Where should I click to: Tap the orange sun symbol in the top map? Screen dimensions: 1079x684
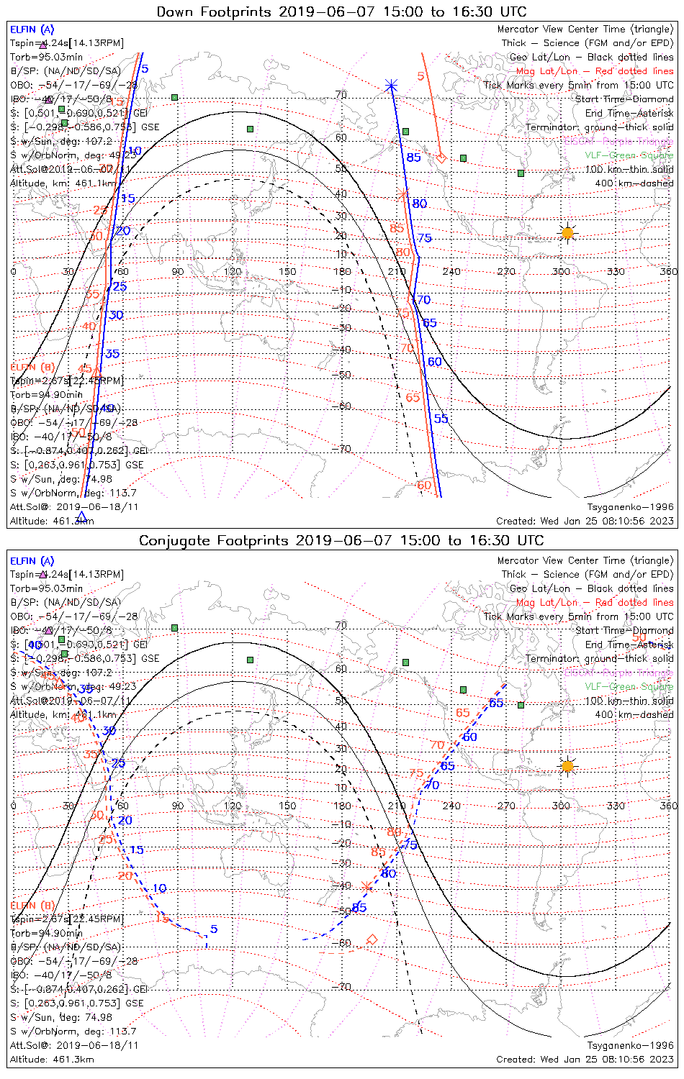(567, 232)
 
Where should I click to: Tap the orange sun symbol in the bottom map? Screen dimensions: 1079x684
(567, 766)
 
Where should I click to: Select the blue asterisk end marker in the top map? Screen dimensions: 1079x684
(391, 86)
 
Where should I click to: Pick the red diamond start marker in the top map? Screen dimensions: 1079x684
(441, 158)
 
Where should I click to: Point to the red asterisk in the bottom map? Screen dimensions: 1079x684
(366, 885)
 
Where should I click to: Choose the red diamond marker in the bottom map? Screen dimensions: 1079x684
(372, 939)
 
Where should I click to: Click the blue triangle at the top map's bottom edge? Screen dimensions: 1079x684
(81, 516)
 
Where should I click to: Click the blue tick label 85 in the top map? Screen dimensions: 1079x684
(413, 158)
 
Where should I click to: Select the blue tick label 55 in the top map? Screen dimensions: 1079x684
(441, 419)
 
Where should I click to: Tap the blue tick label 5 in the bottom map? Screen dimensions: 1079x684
(214, 929)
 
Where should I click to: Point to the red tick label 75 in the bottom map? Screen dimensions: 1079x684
(416, 774)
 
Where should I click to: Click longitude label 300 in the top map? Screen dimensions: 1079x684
(561, 272)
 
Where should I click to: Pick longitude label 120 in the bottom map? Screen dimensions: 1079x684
(232, 806)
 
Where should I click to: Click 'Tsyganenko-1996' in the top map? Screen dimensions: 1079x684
(631, 507)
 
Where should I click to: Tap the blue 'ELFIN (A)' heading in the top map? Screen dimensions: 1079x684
(32, 29)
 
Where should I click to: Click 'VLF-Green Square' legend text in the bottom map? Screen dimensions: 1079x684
(629, 687)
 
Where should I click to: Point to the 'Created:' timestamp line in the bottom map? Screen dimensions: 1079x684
(585, 1060)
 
